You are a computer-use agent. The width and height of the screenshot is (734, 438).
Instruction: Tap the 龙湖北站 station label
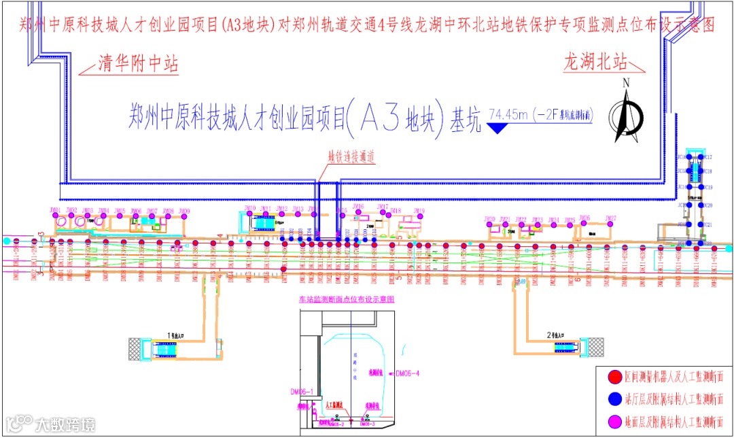tap(595, 63)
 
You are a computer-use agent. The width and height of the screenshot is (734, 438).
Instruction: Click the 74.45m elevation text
tap(512, 114)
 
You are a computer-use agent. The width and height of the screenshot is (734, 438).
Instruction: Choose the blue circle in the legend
tap(614, 399)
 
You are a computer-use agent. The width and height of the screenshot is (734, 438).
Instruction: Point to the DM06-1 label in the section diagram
tap(300, 392)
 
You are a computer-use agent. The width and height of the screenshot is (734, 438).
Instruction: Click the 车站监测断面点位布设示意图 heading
tap(347, 299)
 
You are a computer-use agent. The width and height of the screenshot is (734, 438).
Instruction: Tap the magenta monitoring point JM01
tap(55, 215)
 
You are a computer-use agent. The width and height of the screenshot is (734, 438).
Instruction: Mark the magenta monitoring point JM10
tap(249, 214)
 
